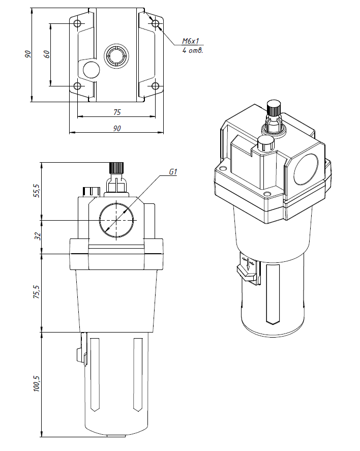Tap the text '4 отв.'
click(x=193, y=51)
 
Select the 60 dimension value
click(x=46, y=54)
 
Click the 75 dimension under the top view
click(x=116, y=112)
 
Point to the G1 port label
click(x=172, y=172)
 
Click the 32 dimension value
click(x=36, y=236)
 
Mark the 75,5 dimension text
click(x=36, y=292)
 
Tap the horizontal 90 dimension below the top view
click(x=116, y=129)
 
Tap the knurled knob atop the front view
click(x=117, y=168)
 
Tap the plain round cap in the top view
click(x=89, y=70)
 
